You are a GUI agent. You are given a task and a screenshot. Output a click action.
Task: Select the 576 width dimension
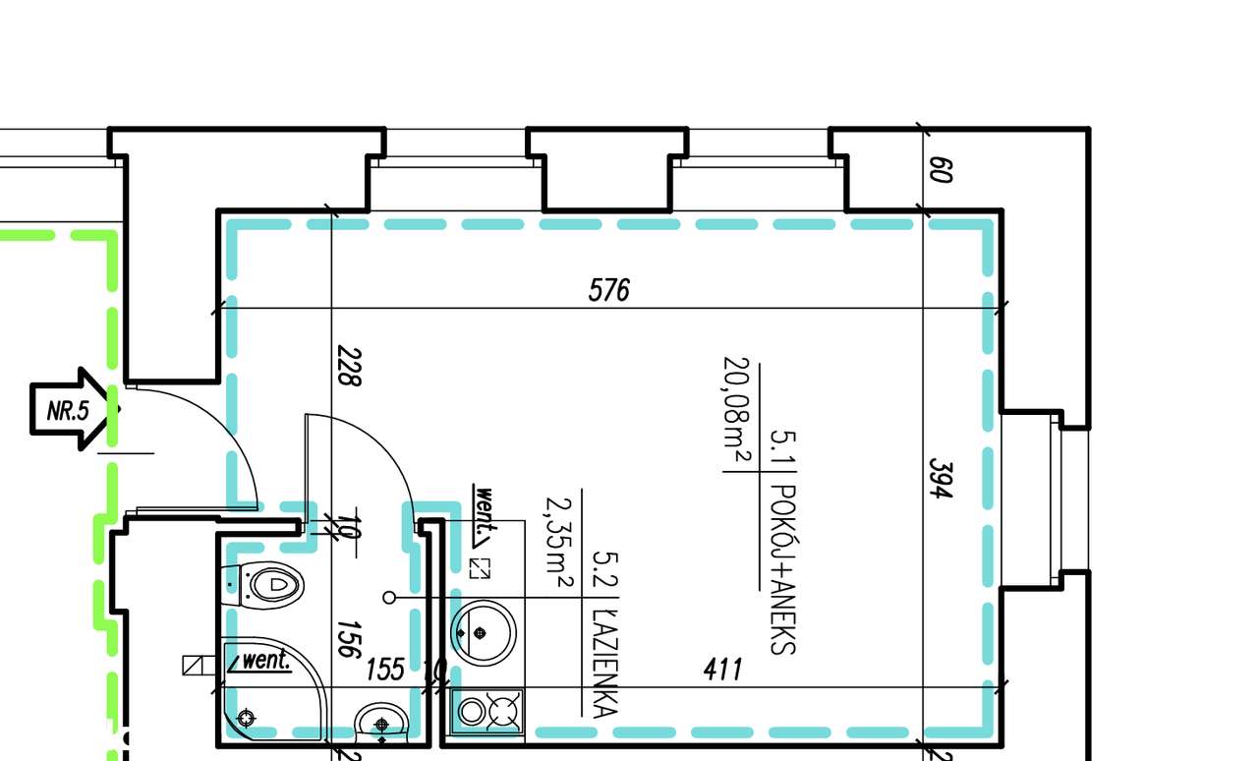click(x=608, y=290)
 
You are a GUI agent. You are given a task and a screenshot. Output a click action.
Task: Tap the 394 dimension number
click(x=942, y=477)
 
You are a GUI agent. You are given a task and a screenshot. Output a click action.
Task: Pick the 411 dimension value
click(x=722, y=670)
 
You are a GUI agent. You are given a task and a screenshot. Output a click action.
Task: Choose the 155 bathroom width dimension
click(x=385, y=670)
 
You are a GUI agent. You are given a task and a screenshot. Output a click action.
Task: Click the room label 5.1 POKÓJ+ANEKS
click(x=782, y=541)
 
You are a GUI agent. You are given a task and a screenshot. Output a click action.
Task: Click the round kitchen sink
click(x=483, y=632)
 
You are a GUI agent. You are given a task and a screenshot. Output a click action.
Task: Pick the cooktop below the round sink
click(x=488, y=711)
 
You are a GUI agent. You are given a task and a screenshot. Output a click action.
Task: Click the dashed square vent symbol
click(x=480, y=567)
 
